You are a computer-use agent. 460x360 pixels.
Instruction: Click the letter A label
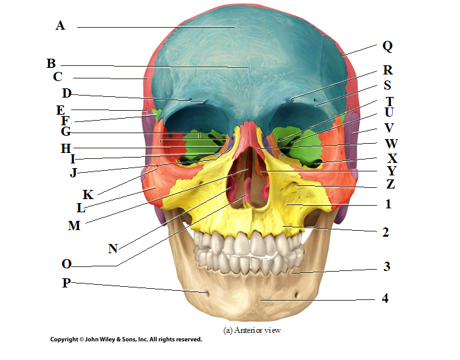pos(60,26)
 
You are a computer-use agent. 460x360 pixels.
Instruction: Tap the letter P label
pos(67,284)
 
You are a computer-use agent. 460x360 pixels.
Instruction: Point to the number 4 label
pos(385,299)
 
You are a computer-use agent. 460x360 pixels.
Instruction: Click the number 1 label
pos(388,204)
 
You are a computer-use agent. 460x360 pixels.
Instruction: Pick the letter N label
pos(113,249)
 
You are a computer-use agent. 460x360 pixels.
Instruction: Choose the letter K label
pos(88,195)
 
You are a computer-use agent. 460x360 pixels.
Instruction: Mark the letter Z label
pos(391,185)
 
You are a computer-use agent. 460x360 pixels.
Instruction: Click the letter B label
pos(51,64)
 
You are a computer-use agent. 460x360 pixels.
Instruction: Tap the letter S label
pos(387,85)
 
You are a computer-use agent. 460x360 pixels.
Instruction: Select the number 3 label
pos(387,267)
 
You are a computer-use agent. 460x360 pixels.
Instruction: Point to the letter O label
pos(67,264)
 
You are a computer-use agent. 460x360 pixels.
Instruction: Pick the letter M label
pos(75,225)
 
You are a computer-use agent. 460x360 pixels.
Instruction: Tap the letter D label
pos(66,93)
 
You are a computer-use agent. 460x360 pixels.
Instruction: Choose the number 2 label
pos(386,232)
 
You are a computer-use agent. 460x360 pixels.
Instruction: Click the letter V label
pos(389,127)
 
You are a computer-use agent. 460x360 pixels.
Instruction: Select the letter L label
pos(80,208)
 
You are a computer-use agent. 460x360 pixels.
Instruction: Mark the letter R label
pos(388,71)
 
